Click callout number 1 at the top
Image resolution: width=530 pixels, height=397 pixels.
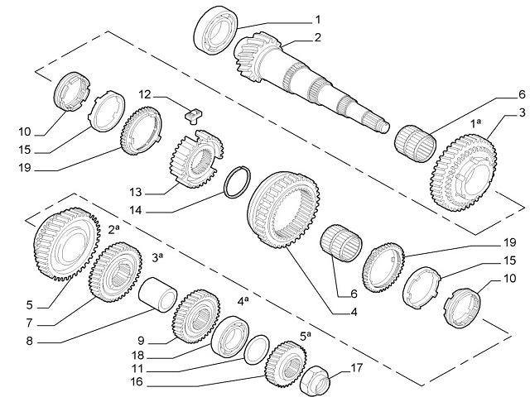317,18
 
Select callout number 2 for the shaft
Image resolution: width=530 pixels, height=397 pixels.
317,37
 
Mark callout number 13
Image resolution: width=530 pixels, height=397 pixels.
137,192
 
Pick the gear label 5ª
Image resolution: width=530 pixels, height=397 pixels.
305,335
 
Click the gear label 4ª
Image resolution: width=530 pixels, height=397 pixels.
244,302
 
